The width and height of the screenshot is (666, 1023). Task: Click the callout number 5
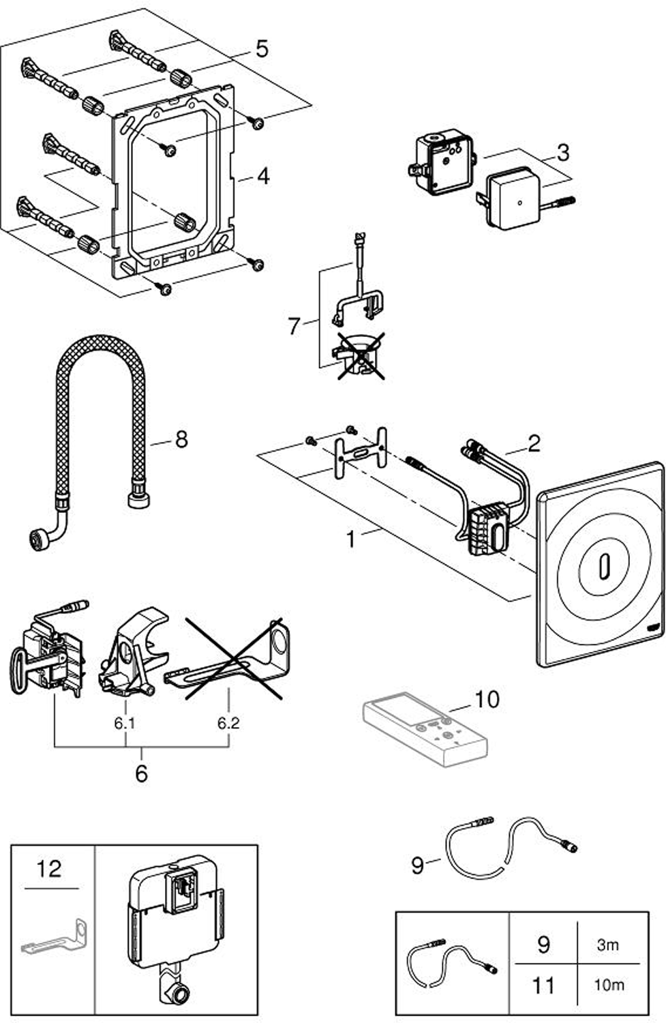pyautogui.click(x=262, y=49)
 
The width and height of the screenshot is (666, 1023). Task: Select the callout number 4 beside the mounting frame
pyautogui.click(x=263, y=177)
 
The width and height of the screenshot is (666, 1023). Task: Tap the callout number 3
pyautogui.click(x=562, y=152)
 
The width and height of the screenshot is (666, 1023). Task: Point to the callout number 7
pyautogui.click(x=294, y=326)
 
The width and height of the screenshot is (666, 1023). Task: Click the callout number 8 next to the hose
pyautogui.click(x=181, y=439)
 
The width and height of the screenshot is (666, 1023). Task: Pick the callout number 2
pyautogui.click(x=534, y=443)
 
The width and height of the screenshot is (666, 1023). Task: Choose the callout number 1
pyautogui.click(x=350, y=539)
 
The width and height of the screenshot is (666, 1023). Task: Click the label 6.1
pyautogui.click(x=124, y=723)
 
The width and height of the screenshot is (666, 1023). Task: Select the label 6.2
pyautogui.click(x=228, y=723)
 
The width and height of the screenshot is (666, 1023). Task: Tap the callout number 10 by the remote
pyautogui.click(x=487, y=699)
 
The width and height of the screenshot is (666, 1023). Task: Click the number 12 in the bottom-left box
pyautogui.click(x=49, y=869)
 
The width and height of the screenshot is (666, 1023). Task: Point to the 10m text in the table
pyautogui.click(x=608, y=985)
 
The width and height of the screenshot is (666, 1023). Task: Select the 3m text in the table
pyautogui.click(x=607, y=945)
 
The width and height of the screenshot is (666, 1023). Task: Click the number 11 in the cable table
pyautogui.click(x=543, y=985)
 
